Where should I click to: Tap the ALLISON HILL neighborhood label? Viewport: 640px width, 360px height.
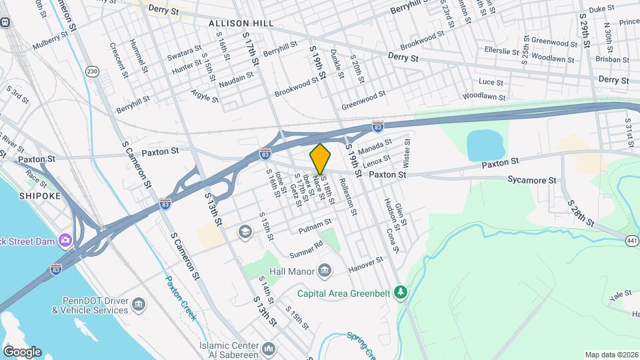pyautogui.click(x=241, y=23)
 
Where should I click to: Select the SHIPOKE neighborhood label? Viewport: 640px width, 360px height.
pyautogui.click(x=39, y=196)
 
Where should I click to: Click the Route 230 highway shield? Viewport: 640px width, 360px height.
pyautogui.click(x=92, y=71)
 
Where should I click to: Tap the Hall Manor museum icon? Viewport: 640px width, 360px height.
pyautogui.click(x=325, y=270)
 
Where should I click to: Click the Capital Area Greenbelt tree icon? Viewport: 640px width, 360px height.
pyautogui.click(x=400, y=292)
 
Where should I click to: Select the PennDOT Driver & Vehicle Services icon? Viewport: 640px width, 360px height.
pyautogui.click(x=139, y=305)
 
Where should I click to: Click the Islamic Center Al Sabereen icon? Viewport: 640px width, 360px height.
pyautogui.click(x=269, y=349)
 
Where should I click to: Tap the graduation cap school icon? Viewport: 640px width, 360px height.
pyautogui.click(x=245, y=231)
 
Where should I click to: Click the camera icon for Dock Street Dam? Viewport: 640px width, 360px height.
pyautogui.click(x=65, y=239)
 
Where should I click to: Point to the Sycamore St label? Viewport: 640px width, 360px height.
pyautogui.click(x=531, y=180)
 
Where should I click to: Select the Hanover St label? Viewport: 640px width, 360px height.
pyautogui.click(x=366, y=265)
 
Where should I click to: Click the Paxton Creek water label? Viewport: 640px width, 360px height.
pyautogui.click(x=181, y=299)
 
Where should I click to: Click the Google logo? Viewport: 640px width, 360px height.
pyautogui.click(x=22, y=351)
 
